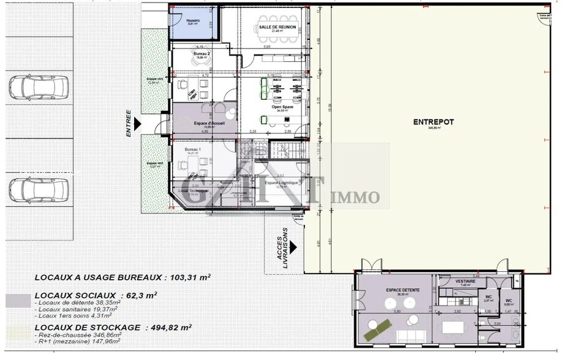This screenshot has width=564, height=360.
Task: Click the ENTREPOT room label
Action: pyautogui.click(x=433, y=122)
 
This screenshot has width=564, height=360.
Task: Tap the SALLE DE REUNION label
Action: pyautogui.click(x=277, y=27)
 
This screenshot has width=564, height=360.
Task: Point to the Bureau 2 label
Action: pyautogui.click(x=202, y=54)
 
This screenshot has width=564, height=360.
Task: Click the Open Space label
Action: pyautogui.click(x=283, y=107)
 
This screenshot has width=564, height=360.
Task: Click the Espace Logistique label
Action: pyautogui.click(x=281, y=182)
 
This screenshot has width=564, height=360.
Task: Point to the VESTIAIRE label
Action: pyautogui.click(x=465, y=281)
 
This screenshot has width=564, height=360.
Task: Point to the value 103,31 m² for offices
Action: pyautogui.click(x=188, y=277)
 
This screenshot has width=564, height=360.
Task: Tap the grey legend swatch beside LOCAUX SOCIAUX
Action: pyautogui.click(x=17, y=302)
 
